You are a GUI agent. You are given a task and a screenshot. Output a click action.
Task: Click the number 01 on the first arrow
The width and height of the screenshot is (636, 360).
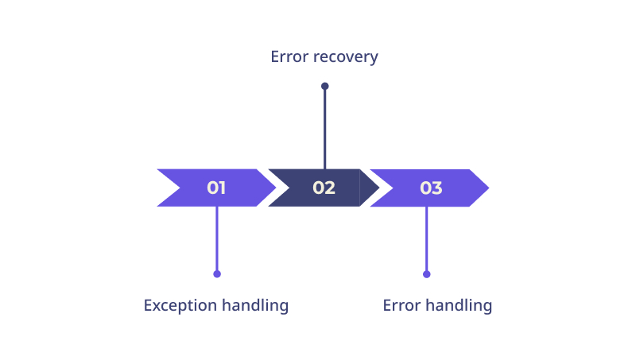coord(216,188)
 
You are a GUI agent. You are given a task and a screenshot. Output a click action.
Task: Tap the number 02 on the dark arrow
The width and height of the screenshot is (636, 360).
coord(324,188)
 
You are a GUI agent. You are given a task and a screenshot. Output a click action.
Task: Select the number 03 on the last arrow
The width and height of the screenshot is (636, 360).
coord(431,188)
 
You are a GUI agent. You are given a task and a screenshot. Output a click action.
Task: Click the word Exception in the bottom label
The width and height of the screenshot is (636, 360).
coord(180,306)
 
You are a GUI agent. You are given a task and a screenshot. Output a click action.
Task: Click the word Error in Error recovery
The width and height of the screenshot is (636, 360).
coord(289,56)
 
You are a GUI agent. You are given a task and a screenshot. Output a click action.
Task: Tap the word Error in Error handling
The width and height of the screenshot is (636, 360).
coord(401,305)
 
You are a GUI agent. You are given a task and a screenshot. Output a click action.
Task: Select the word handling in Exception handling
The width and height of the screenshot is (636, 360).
coord(255,306)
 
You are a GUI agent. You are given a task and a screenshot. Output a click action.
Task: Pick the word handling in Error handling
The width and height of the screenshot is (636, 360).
coord(459,306)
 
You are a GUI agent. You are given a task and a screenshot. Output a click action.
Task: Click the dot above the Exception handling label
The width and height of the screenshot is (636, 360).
coord(217,274)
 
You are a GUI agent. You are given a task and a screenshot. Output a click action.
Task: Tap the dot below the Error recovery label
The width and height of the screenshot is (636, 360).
coord(325,86)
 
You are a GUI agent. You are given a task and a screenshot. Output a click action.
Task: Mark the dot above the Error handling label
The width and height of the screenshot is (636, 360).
coord(426,274)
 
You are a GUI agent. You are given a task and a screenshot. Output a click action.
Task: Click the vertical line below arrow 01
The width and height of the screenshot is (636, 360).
coord(217,238)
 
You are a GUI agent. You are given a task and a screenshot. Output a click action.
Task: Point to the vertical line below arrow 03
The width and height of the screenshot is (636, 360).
coord(426,238)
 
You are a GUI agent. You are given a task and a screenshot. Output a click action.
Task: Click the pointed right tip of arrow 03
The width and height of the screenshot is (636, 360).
coord(489,188)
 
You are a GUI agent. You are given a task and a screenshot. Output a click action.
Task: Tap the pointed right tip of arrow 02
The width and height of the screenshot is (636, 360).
coord(379,188)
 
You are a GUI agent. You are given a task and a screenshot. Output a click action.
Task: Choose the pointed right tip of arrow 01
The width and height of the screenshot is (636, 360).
coord(276,188)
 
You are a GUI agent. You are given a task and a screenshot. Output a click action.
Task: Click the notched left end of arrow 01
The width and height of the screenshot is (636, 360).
coord(180,188)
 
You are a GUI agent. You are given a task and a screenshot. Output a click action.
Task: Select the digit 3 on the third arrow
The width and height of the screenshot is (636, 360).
coord(436,188)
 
